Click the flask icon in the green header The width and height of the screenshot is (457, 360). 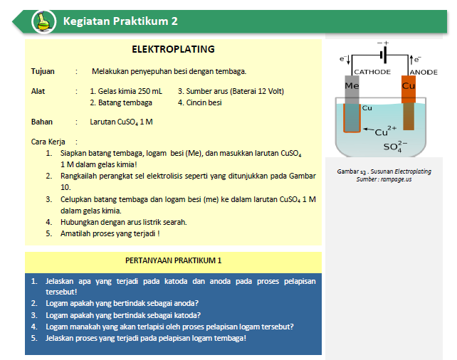click(x=44, y=21)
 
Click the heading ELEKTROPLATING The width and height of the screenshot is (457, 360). click(x=173, y=50)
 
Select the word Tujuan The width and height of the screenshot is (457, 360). click(x=43, y=71)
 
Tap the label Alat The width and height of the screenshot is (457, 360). click(x=38, y=91)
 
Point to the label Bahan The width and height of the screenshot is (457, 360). click(x=42, y=122)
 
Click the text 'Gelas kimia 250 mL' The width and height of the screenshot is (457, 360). click(x=126, y=91)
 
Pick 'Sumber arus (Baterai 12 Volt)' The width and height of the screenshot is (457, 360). click(x=231, y=91)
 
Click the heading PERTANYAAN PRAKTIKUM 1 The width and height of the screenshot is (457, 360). click(x=174, y=260)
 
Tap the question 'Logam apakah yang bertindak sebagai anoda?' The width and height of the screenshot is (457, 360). click(x=122, y=302)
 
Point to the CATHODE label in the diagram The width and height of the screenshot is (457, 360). click(x=372, y=72)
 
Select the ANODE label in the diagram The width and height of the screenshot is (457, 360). click(x=424, y=72)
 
